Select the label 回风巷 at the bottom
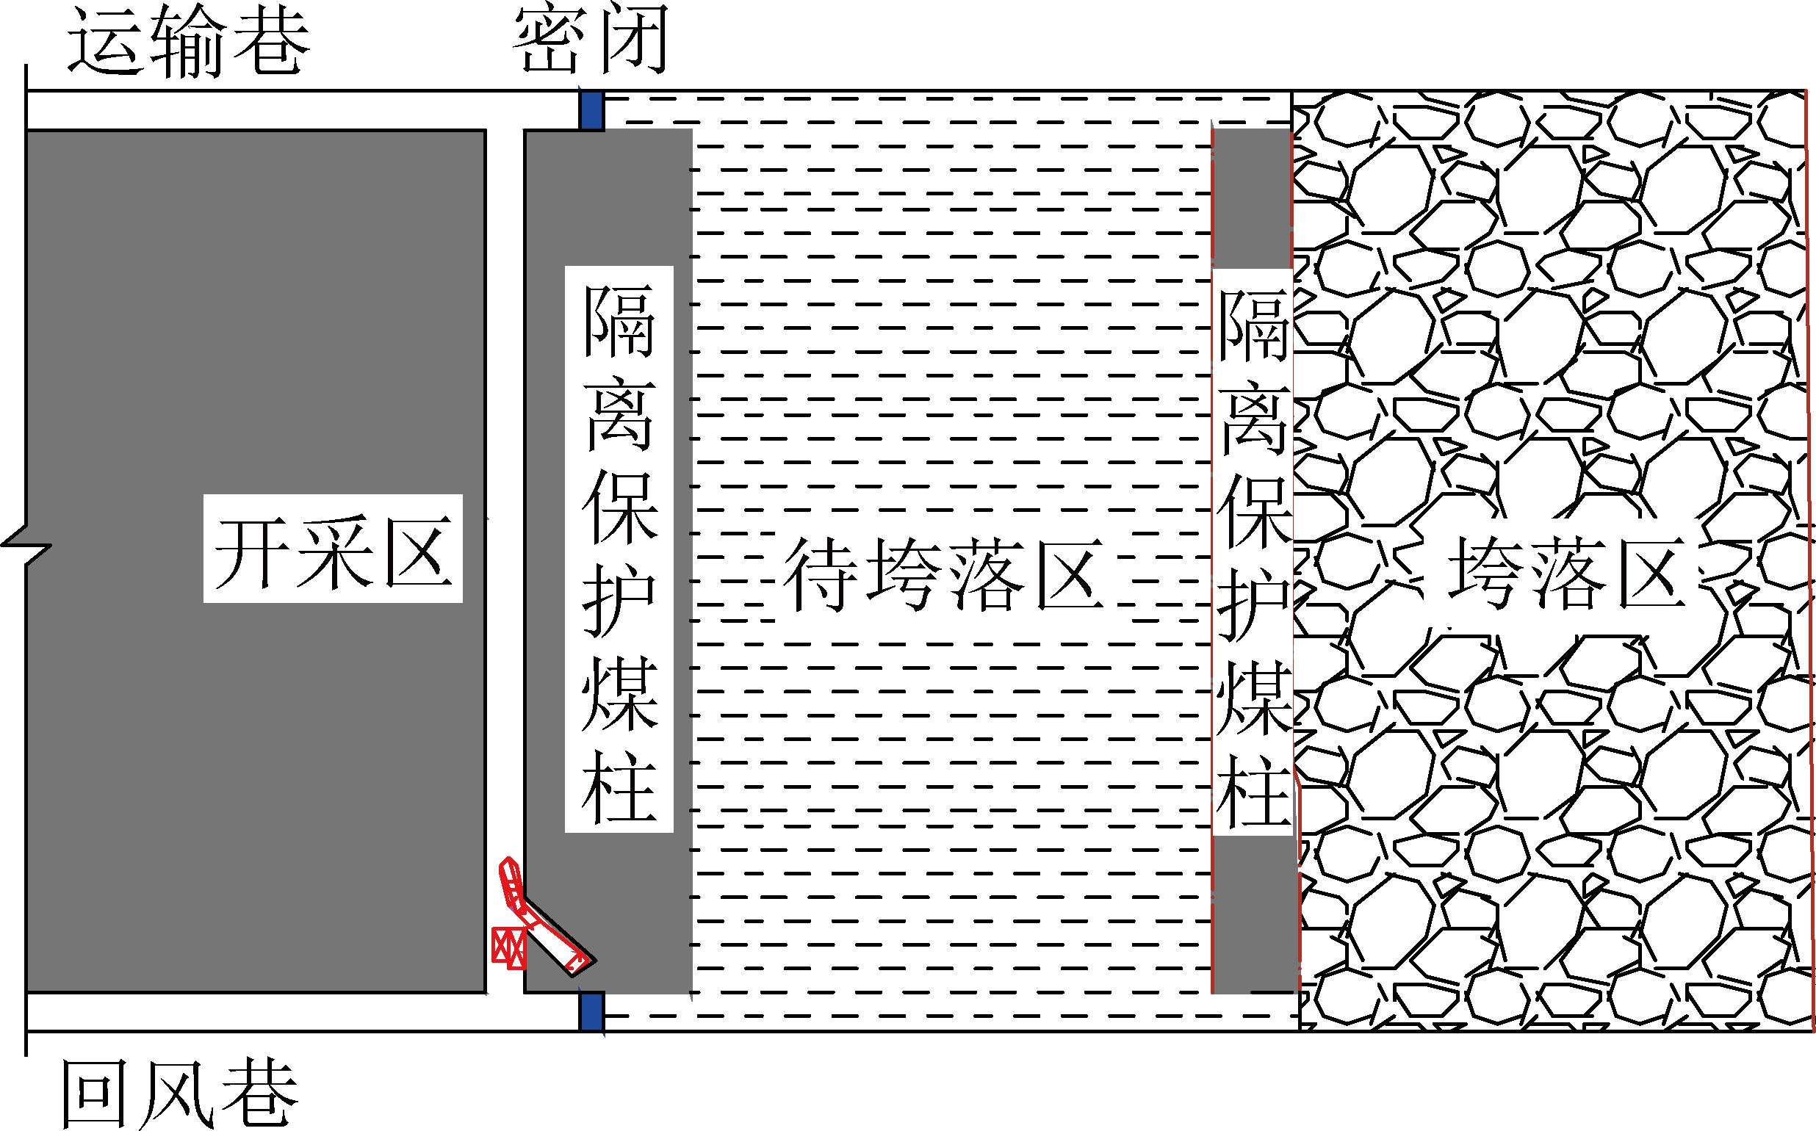coord(179,1094)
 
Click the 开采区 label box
coord(333,549)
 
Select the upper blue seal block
coord(591,111)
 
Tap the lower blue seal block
coord(591,1011)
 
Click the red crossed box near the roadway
coord(509,947)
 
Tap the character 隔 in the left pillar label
coord(619,322)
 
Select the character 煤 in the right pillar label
coord(1253,699)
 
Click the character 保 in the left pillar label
coord(619,509)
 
